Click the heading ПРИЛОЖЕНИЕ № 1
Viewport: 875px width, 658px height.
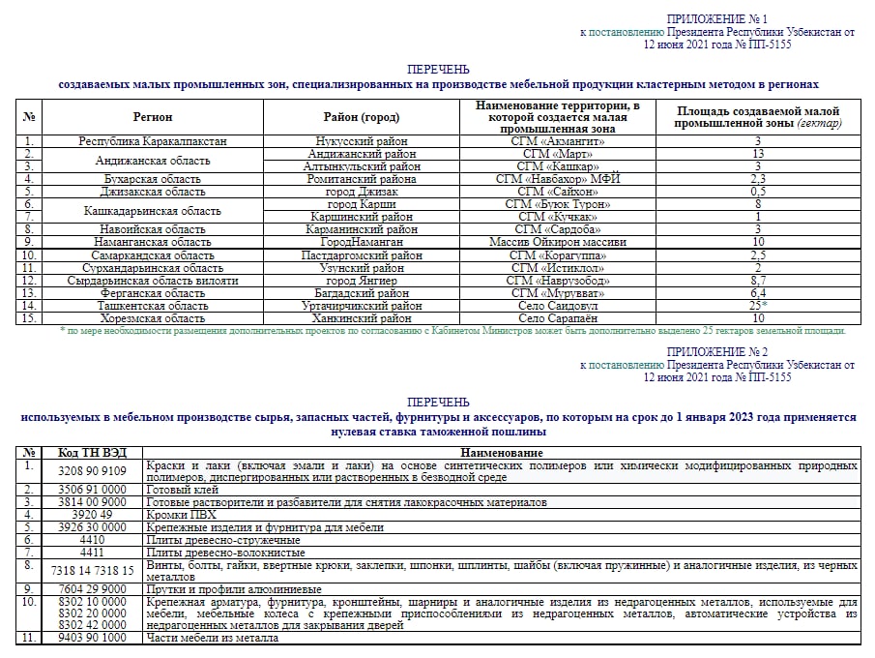(x=716, y=19)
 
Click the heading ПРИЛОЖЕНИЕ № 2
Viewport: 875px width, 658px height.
(x=716, y=352)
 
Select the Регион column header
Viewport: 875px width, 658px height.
(x=153, y=117)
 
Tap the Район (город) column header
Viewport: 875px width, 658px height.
(x=361, y=117)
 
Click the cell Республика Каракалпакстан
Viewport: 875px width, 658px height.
(x=153, y=141)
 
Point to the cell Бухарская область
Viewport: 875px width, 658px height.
(x=153, y=179)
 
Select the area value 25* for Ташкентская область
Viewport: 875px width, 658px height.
(x=758, y=306)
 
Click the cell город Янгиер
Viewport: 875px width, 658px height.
(x=361, y=281)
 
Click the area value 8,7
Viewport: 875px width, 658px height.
(x=758, y=281)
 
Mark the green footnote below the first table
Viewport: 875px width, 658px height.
(x=452, y=331)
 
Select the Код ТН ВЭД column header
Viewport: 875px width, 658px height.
(x=93, y=453)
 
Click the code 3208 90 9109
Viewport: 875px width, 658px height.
(x=93, y=471)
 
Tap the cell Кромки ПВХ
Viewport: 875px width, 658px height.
(x=183, y=515)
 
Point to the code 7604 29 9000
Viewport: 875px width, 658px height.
(x=93, y=589)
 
